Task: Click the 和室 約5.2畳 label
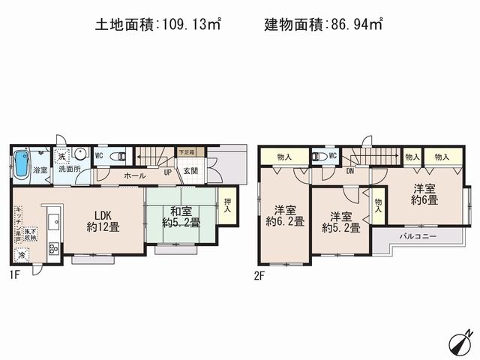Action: point(181,217)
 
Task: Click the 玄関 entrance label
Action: point(191,172)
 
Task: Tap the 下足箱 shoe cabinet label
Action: point(186,152)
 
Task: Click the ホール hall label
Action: point(135,175)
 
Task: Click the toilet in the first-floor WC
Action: point(116,156)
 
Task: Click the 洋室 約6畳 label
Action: point(424,194)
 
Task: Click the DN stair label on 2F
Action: point(349,171)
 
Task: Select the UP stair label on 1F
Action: point(167,172)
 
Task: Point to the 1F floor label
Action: point(16,275)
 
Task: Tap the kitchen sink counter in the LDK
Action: point(52,225)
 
